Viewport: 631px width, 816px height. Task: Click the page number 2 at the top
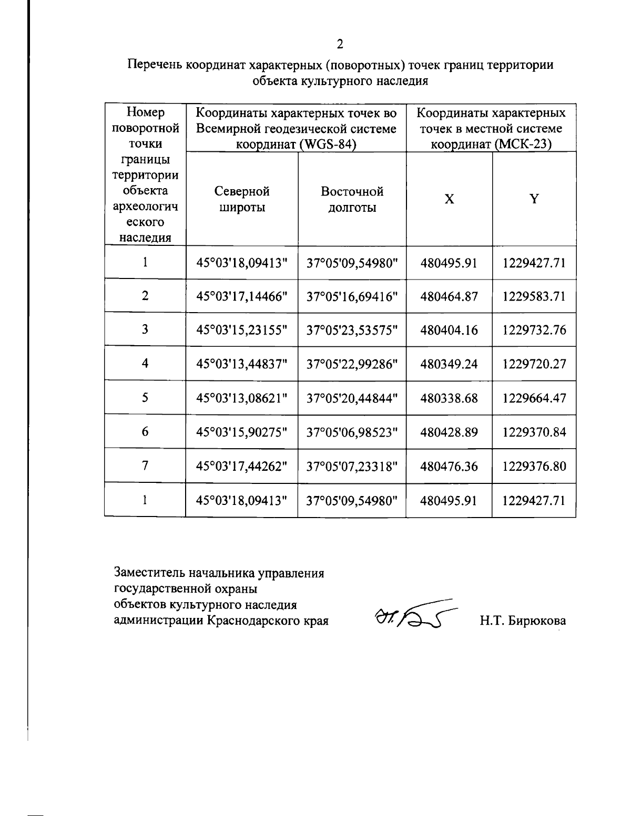340,44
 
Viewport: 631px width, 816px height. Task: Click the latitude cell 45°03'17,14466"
242,296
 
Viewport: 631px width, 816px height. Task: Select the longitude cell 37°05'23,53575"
352,330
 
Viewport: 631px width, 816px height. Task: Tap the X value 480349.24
449,364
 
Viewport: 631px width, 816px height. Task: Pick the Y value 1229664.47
534,398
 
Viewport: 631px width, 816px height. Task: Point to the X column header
449,199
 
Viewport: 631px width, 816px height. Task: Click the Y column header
534,199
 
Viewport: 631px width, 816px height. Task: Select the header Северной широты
242,199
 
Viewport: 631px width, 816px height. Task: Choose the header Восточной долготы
352,199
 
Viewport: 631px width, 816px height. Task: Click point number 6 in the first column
145,431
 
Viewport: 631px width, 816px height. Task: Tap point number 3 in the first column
145,329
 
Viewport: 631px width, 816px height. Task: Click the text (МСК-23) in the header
522,144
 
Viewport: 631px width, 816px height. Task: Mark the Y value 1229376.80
534,466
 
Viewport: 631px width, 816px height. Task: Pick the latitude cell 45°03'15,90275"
242,432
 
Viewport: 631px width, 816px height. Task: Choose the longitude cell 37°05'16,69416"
352,296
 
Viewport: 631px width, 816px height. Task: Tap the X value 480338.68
449,398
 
